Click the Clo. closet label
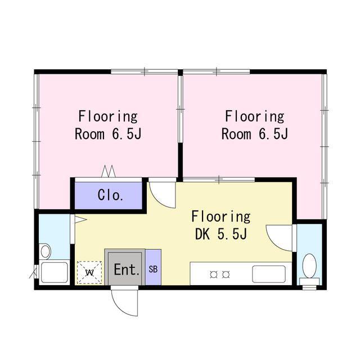pos(110,195)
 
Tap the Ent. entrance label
pos(127,269)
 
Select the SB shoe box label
pos(153,269)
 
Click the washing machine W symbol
pos(89,272)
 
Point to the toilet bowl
pos(309,265)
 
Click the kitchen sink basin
pos(269,274)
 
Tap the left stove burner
pos(214,274)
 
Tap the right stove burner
pos(226,274)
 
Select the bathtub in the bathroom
pos(55,272)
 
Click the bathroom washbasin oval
pos(46,251)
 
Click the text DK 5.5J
pos(221,234)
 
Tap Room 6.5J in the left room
pos(108,134)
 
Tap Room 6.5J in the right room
pos(255,134)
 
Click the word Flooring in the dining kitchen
pos(221,217)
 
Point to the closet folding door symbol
pos(109,171)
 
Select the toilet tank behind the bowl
pos(309,281)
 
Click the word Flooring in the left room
pos(108,116)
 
